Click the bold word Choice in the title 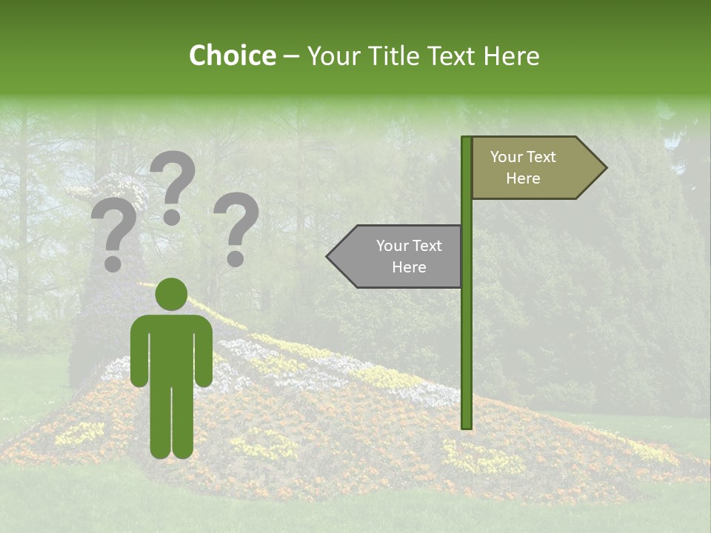tap(232, 56)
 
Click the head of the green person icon tap(171, 294)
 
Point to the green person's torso tap(171, 348)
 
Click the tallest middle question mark tap(173, 181)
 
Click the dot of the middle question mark tap(172, 217)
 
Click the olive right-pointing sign tap(533, 168)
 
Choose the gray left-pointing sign tap(400, 256)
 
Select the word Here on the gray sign tap(409, 267)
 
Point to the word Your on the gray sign tap(392, 246)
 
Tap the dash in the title tap(291, 57)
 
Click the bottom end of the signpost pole tap(467, 426)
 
